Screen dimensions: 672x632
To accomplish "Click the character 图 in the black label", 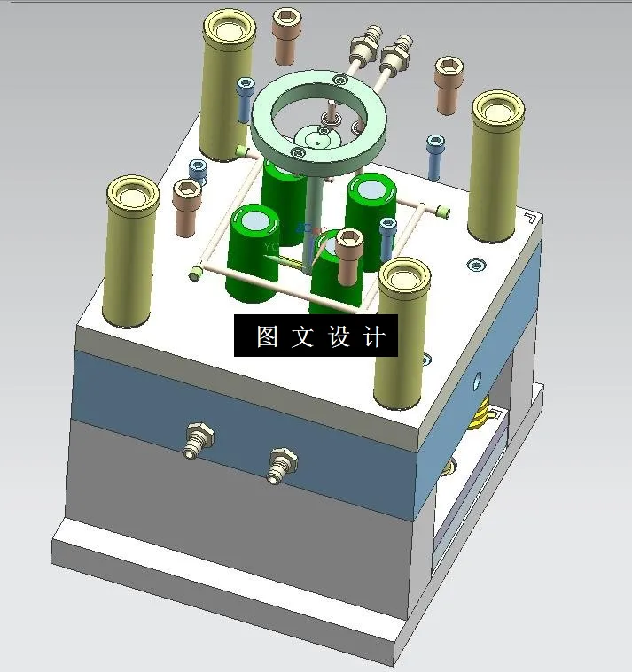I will tap(267, 336).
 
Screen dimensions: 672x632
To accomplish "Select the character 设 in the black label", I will tap(339, 336).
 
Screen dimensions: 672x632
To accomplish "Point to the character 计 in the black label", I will tap(374, 336).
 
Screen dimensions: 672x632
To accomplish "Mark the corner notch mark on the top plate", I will tap(529, 219).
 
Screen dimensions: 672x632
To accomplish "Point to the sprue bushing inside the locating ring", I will tap(318, 137).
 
